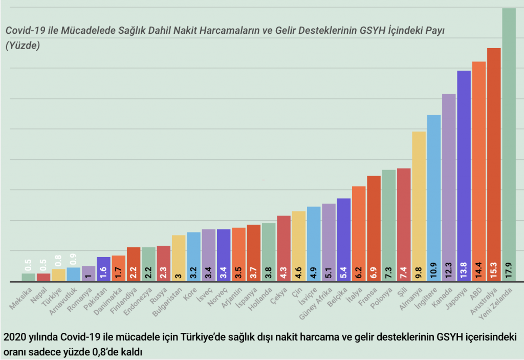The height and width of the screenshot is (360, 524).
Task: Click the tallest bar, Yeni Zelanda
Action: tap(509, 143)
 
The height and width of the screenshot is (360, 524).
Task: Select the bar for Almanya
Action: tap(419, 205)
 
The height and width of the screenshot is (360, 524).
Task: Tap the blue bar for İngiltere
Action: tap(434, 197)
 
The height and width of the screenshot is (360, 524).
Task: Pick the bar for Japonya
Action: tap(464, 174)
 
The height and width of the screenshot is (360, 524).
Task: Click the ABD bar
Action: tap(479, 169)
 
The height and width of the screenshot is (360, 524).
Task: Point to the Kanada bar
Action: tap(449, 187)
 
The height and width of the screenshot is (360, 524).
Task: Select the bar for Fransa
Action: tap(374, 228)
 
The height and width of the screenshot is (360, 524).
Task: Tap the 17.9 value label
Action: tap(509, 267)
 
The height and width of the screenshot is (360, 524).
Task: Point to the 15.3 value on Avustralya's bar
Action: tap(494, 267)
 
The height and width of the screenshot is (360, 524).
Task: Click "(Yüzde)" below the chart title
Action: tap(23, 45)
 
